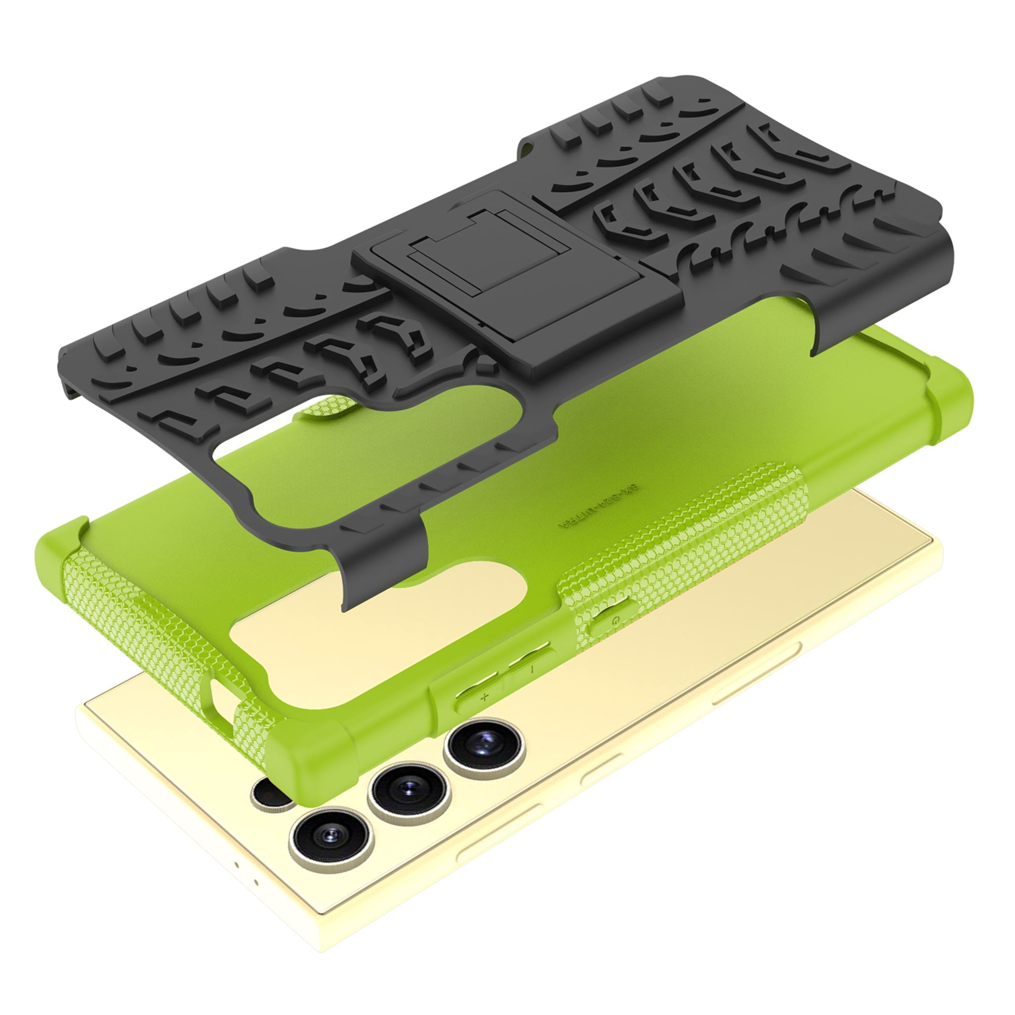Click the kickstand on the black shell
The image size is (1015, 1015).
click(x=517, y=283)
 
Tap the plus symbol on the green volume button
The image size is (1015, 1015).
click(x=484, y=697)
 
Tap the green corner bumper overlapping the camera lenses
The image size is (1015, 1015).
click(x=310, y=756)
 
